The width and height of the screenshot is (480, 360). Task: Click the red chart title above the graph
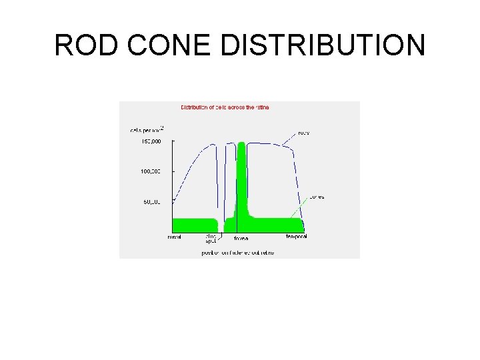coord(225,107)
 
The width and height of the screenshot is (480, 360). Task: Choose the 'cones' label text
coord(316,197)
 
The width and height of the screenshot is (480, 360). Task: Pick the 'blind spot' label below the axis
coord(211,239)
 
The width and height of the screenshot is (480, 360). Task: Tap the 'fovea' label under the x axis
coord(241,238)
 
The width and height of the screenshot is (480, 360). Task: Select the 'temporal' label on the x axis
coord(297,237)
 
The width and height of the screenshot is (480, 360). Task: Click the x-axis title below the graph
coord(238,253)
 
